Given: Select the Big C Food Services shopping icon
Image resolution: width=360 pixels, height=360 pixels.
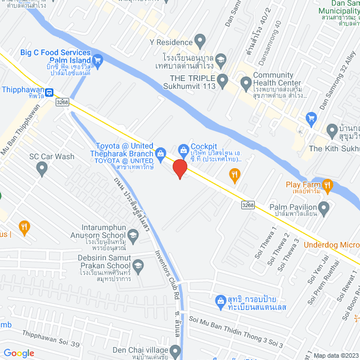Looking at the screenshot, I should pos(98,59).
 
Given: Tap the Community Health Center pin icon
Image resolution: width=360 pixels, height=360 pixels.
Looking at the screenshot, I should pos(245,84).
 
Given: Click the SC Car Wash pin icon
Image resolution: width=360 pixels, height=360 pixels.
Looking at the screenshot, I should pos(41,169).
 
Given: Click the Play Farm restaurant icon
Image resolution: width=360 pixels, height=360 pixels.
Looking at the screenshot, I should pos(328,184).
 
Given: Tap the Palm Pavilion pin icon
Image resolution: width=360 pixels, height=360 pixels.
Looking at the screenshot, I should pos(323,209).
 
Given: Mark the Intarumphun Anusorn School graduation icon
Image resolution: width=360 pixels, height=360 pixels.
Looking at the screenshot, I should pos(133,235).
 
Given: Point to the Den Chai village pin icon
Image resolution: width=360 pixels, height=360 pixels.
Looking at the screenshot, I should pos(175,352).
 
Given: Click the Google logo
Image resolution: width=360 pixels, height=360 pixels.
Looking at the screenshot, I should pos(19,353).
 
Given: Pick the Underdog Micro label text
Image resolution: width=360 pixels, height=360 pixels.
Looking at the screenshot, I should pos(331,245).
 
